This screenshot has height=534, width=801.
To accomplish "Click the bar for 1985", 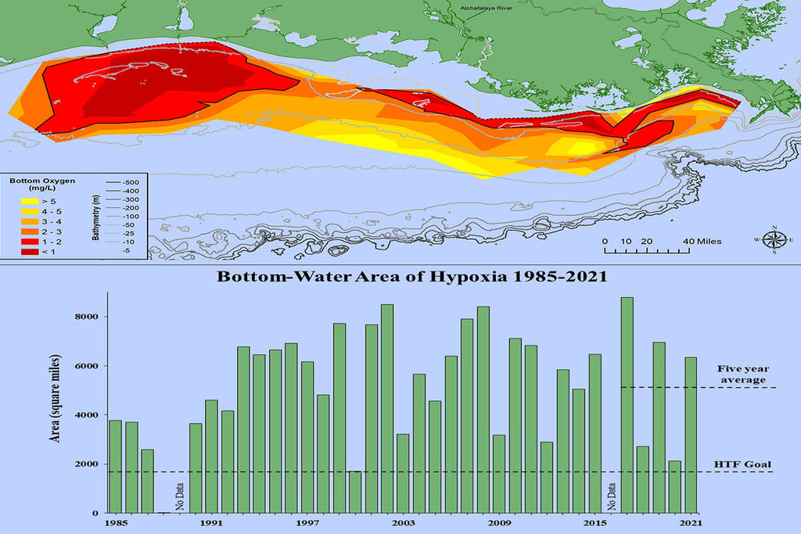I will (115, 466).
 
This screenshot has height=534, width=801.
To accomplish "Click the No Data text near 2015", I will (611, 493).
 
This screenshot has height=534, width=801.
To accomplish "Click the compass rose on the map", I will (774, 240).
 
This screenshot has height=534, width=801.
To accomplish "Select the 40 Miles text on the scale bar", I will (700, 241).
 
